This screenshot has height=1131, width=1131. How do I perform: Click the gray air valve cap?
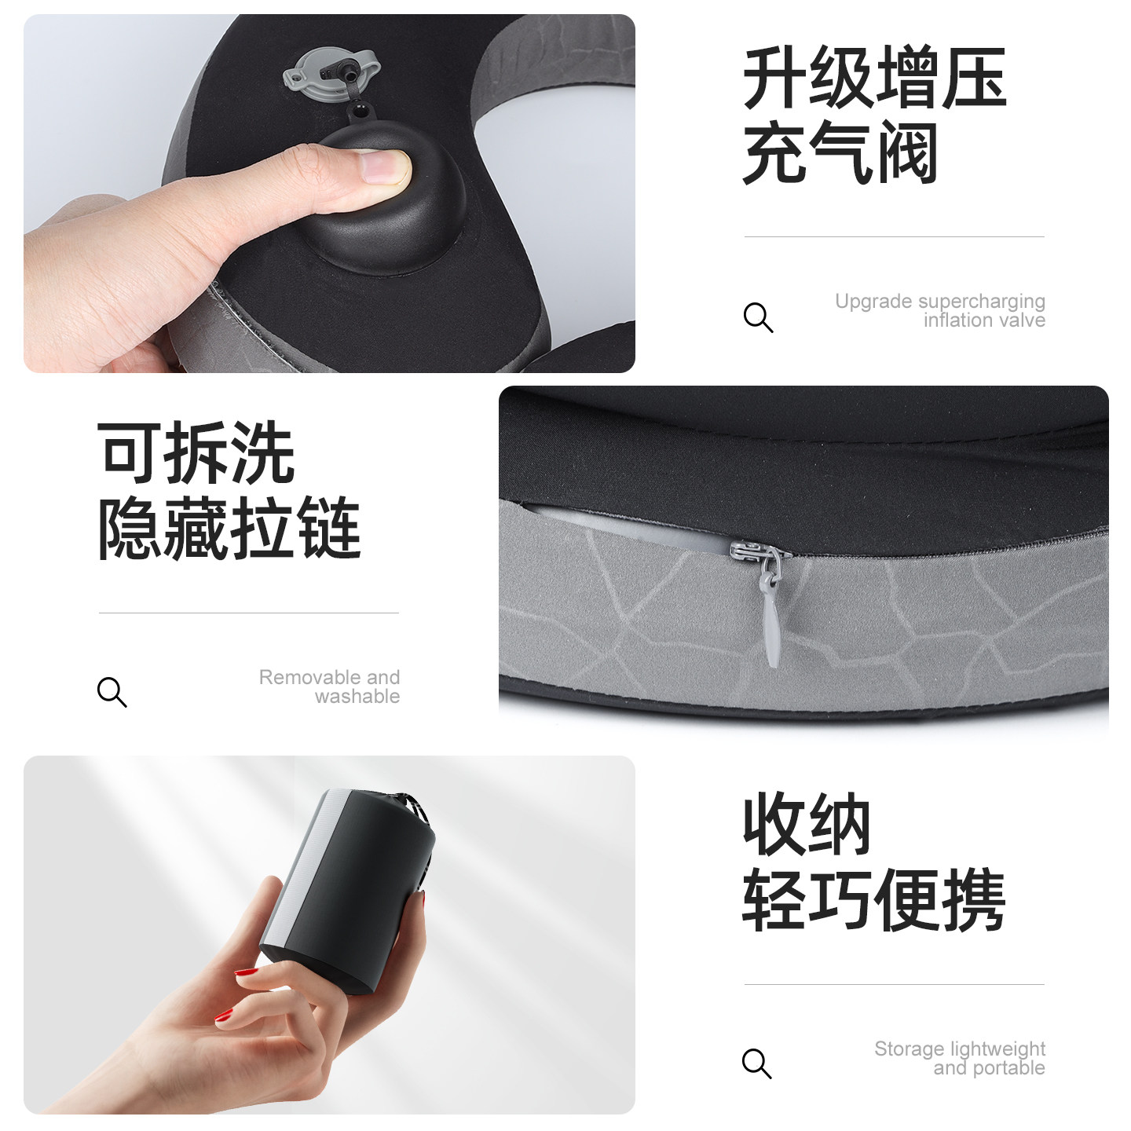[x=330, y=73]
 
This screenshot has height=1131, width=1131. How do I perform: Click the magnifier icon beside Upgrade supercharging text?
[x=758, y=317]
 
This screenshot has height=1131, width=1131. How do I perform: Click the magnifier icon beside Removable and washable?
[x=112, y=692]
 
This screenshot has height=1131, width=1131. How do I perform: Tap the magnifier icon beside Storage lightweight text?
[x=756, y=1063]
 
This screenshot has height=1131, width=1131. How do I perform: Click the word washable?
[x=357, y=697]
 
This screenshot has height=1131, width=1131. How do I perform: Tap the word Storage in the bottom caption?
[x=903, y=1049]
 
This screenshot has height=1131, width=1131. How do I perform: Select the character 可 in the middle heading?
[x=130, y=453]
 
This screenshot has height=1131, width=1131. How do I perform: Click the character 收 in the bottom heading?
[x=774, y=825]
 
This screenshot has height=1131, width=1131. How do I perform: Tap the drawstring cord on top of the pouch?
[x=414, y=809]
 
